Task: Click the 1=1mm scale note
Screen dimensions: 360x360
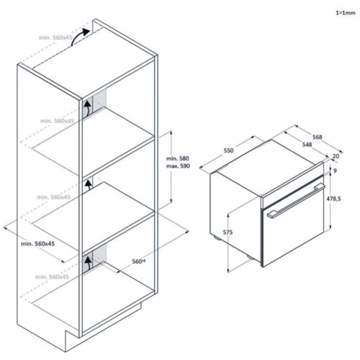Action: click(346, 13)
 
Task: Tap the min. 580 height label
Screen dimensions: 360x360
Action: click(178, 158)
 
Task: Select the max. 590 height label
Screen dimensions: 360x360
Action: click(178, 166)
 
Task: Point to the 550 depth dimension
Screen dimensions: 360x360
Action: click(228, 150)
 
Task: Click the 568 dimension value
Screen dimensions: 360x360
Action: click(317, 137)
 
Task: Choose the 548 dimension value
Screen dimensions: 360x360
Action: click(307, 145)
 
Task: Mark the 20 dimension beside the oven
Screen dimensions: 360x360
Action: click(336, 156)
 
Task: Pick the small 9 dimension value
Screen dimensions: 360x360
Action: click(336, 171)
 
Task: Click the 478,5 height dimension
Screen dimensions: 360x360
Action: click(333, 199)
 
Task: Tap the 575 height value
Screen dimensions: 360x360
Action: click(228, 233)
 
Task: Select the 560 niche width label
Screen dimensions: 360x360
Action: click(139, 261)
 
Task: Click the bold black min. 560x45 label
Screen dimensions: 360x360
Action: click(38, 244)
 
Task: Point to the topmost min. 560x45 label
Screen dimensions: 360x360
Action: click(55, 37)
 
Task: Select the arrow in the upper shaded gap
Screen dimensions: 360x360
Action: click(88, 108)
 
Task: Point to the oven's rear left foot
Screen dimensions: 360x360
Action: click(217, 238)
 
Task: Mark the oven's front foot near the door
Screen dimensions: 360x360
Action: click(251, 257)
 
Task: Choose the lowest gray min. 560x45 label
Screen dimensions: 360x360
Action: click(52, 277)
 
